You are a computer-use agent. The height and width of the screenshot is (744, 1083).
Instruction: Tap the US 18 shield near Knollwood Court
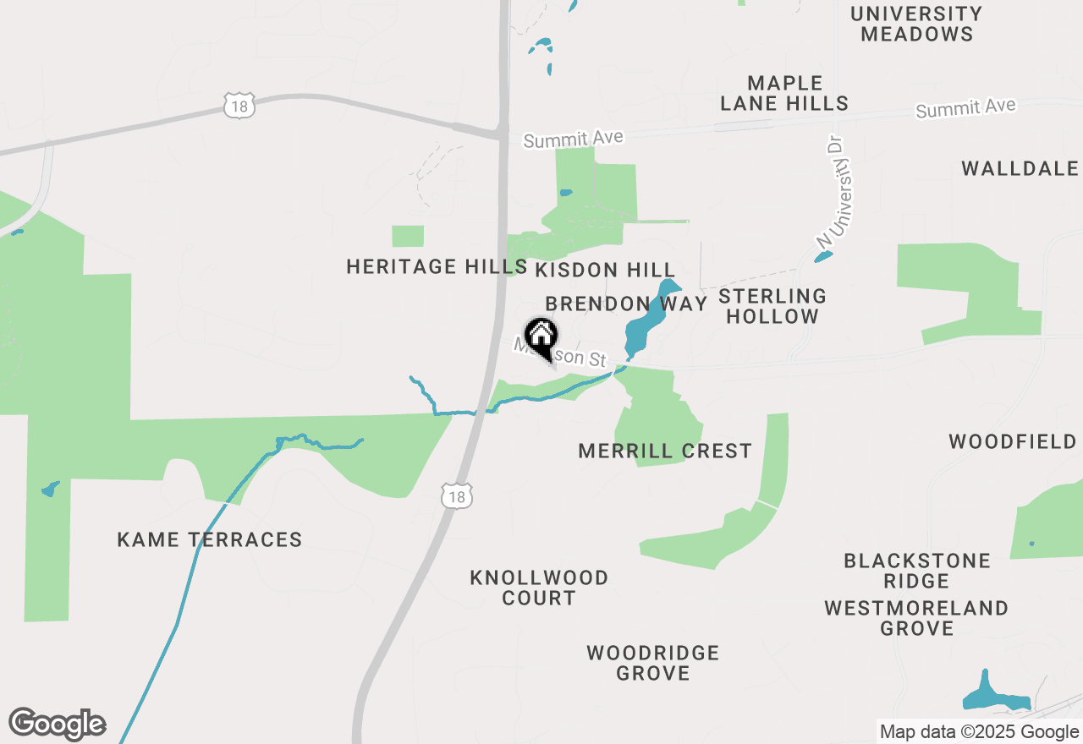tap(457, 497)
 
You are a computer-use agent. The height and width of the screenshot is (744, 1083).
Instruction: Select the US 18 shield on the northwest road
tap(239, 106)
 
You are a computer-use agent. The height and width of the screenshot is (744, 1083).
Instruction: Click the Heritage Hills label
tap(437, 267)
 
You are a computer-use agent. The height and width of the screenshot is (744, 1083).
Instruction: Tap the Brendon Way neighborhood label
tap(626, 304)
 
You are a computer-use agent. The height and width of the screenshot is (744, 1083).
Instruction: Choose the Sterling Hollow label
tap(772, 306)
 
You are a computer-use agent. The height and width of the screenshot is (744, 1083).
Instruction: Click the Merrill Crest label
tap(665, 451)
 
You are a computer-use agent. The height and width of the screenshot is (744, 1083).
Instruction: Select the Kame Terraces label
tap(210, 539)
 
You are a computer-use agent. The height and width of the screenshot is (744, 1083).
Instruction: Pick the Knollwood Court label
tap(539, 588)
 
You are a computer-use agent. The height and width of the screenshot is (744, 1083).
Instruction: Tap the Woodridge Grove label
tap(653, 663)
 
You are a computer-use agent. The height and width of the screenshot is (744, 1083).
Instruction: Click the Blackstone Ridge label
tap(917, 571)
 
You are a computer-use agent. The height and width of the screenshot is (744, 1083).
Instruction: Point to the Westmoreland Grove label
tap(916, 618)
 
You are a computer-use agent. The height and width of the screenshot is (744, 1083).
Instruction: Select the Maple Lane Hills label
tap(784, 93)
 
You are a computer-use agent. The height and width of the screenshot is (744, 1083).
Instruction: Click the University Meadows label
tap(916, 24)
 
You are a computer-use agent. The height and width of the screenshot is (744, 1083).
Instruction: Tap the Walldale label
tap(1020, 168)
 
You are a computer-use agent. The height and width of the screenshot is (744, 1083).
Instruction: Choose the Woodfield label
tap(1013, 441)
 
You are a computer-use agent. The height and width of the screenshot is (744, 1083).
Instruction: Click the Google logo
tap(58, 725)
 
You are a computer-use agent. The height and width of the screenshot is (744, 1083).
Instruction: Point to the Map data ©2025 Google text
tap(979, 732)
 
